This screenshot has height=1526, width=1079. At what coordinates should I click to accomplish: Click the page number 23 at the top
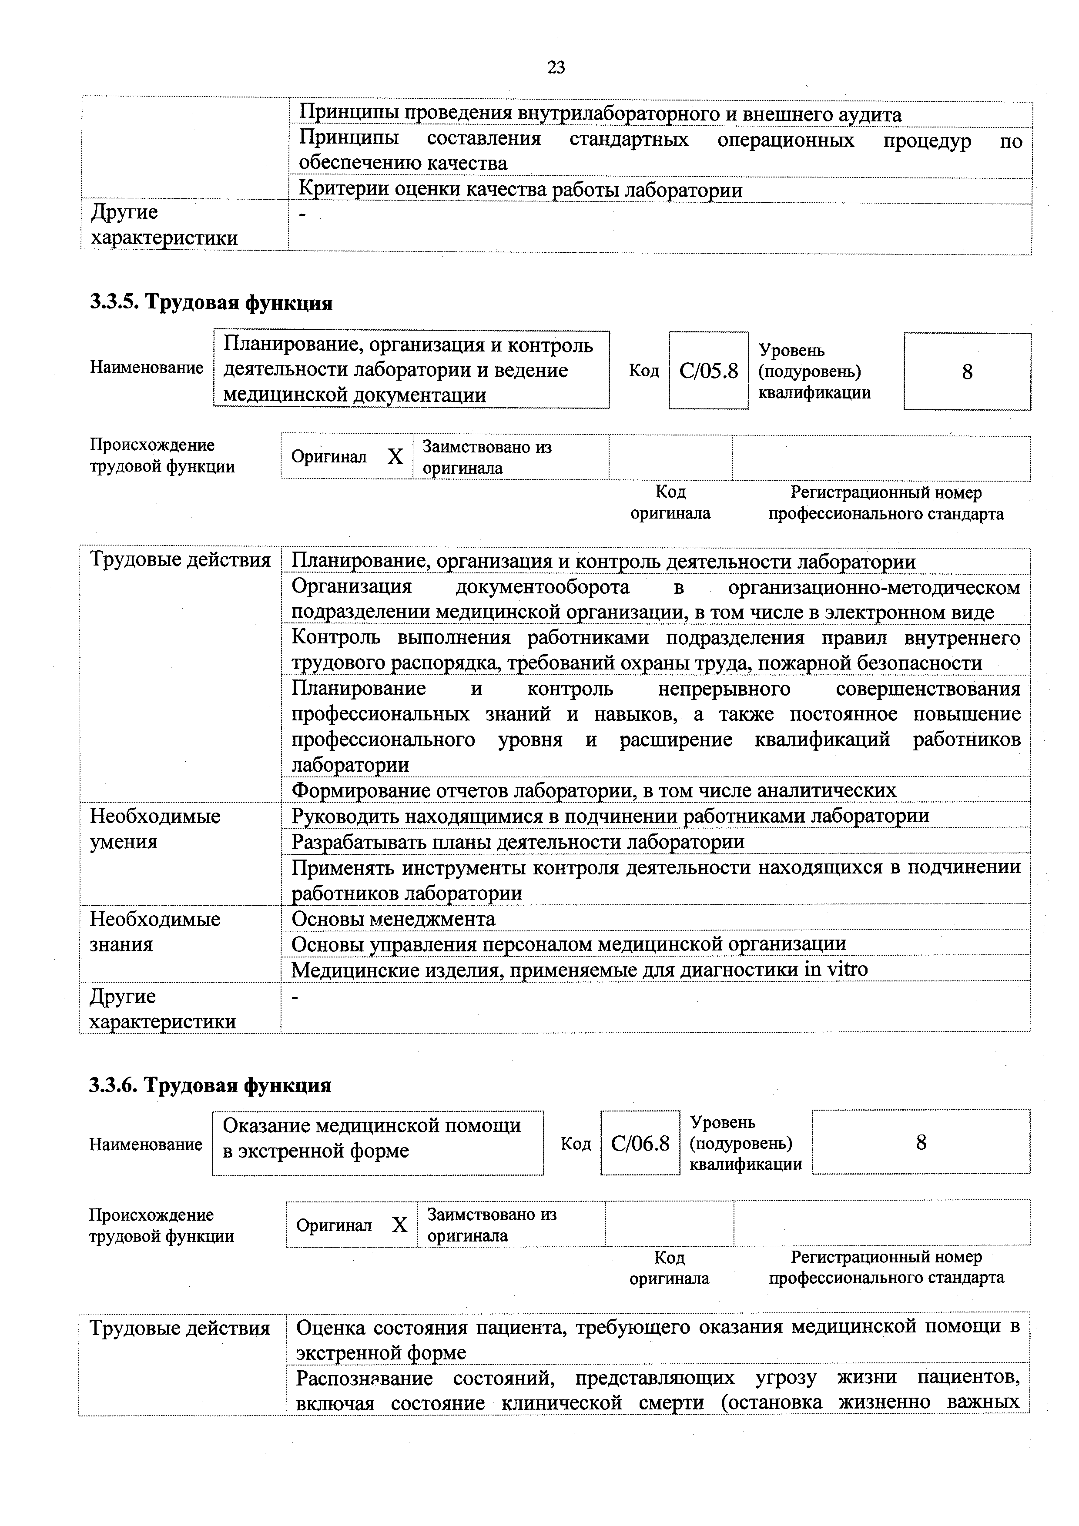556,67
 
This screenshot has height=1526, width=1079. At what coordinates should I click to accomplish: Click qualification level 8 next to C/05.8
967,371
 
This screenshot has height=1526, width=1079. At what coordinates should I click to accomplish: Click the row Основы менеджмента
394,919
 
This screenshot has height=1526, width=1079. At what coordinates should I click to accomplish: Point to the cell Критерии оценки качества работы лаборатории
520,190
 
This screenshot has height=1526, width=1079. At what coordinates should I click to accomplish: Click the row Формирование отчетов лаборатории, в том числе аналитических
594,790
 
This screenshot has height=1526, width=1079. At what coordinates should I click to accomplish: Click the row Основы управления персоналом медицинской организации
568,944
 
